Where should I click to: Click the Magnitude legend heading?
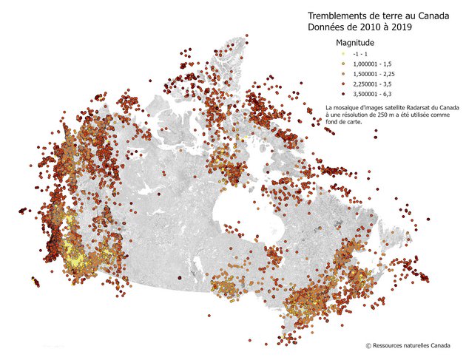tap(356, 44)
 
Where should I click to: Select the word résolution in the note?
tap(354, 115)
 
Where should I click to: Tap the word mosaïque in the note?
tap(345, 108)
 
